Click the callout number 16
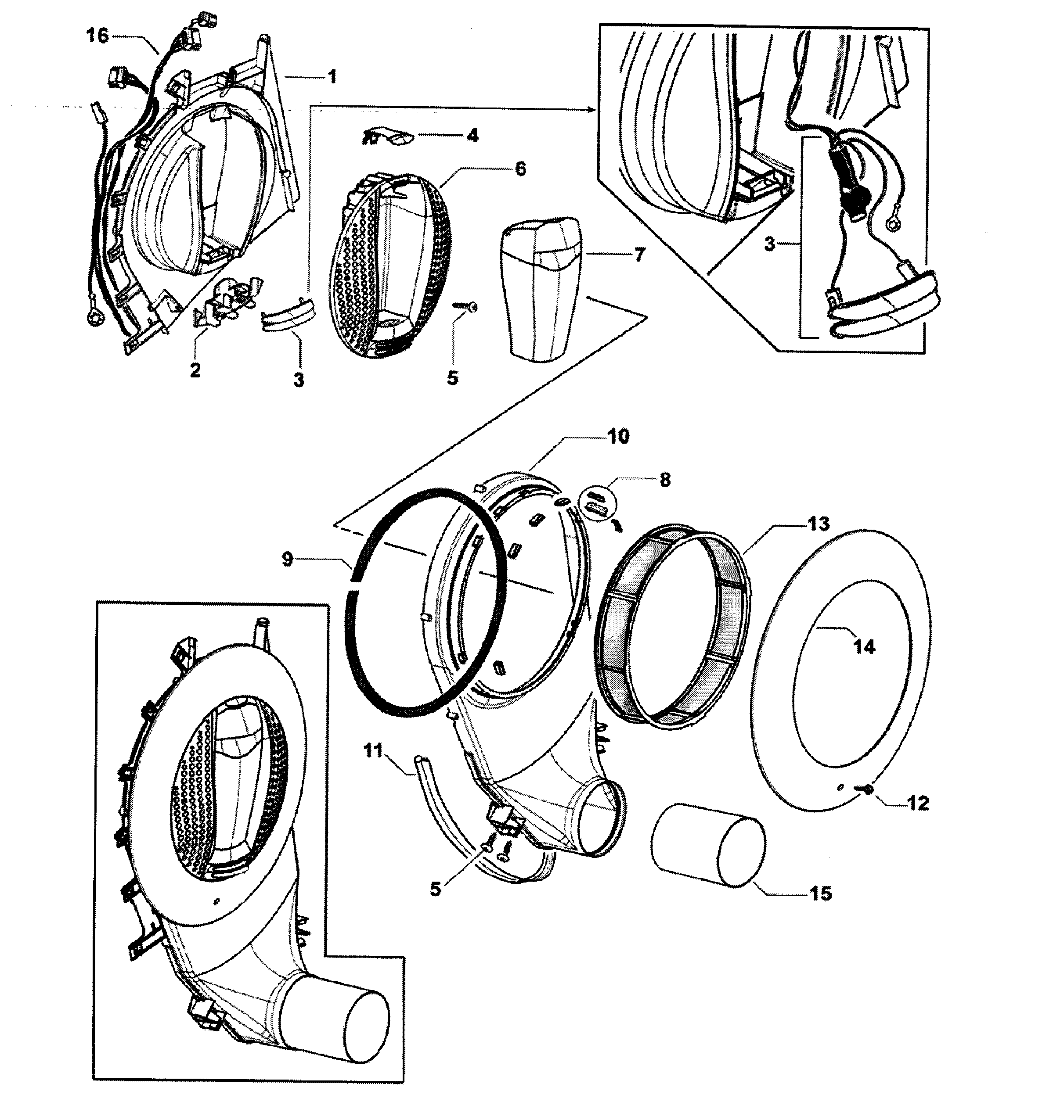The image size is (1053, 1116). [x=97, y=36]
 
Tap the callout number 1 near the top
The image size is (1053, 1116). [x=332, y=76]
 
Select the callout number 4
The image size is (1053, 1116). [x=473, y=135]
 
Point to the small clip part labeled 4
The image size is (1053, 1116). [x=387, y=136]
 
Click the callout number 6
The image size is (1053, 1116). [x=521, y=169]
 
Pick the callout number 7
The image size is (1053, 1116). [x=640, y=255]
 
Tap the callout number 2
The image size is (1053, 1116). [x=195, y=370]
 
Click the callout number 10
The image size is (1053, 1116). [x=618, y=437]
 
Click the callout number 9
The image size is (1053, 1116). [x=288, y=559]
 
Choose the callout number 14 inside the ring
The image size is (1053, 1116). [x=864, y=647]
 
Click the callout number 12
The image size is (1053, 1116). [x=919, y=803]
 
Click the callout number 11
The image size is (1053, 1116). [x=373, y=750]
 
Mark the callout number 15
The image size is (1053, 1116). [x=821, y=893]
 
